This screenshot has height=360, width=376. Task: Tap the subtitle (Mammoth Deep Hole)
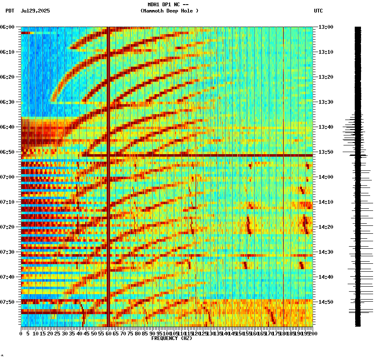[169, 11]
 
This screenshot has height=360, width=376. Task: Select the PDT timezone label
[10, 11]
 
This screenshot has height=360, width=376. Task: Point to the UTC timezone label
[318, 11]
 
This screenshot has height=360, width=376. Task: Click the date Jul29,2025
[35, 11]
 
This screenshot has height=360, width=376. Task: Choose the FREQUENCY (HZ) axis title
[172, 338]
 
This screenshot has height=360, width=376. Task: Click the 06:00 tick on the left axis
[8, 27]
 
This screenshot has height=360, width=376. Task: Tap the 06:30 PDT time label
[8, 102]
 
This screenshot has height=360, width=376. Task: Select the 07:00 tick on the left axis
[8, 177]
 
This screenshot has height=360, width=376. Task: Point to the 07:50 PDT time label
[8, 302]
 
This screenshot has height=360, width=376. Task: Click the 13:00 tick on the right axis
[326, 27]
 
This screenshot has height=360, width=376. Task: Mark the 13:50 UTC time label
[326, 152]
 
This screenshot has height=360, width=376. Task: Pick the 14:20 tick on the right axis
[326, 227]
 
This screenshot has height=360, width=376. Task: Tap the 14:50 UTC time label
[326, 302]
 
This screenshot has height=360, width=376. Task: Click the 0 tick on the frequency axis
[21, 333]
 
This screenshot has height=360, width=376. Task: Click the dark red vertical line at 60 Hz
[108, 125]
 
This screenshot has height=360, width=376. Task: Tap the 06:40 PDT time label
[8, 127]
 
